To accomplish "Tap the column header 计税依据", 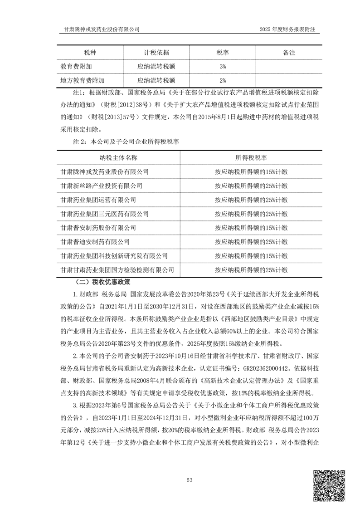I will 157,53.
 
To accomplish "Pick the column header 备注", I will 289,53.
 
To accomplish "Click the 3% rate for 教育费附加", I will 223,67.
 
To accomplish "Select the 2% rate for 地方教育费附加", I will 223,81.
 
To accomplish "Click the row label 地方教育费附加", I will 83,81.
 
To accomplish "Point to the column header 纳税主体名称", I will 118,157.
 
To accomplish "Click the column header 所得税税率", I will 251,157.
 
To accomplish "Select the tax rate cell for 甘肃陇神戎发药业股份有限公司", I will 251,172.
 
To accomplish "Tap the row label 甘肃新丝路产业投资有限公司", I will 102,186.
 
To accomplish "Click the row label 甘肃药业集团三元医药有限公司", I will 105,214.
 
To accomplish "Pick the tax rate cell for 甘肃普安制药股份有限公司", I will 251,228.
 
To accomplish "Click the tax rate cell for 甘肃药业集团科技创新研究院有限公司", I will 251,256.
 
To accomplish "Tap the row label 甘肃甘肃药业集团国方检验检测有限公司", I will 117,270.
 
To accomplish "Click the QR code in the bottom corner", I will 329,486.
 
